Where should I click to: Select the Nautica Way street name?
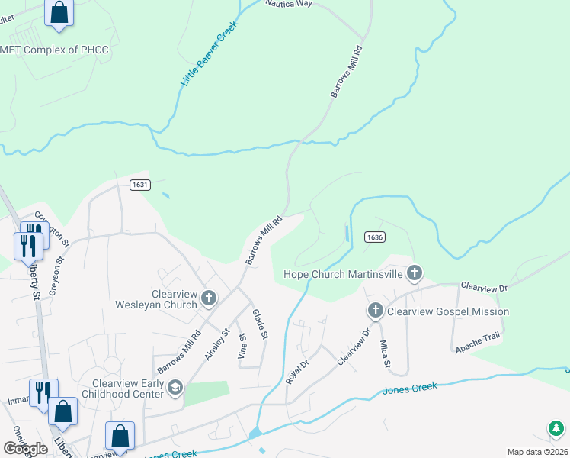pyautogui.click(x=290, y=4)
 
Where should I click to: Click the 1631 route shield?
pyautogui.click(x=139, y=185)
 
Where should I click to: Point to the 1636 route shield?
pyautogui.click(x=373, y=237)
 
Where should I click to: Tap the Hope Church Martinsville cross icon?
pyautogui.click(x=415, y=273)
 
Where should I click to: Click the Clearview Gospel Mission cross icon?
pyautogui.click(x=375, y=311)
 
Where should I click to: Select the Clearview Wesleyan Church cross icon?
pyautogui.click(x=209, y=298)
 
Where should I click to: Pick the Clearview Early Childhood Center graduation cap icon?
pyautogui.click(x=175, y=388)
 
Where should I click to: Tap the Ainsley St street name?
pyautogui.click(x=217, y=344)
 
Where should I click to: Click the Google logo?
pyautogui.click(x=25, y=449)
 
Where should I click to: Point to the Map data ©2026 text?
pyautogui.click(x=537, y=452)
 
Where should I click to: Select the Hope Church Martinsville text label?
pyautogui.click(x=343, y=274)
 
